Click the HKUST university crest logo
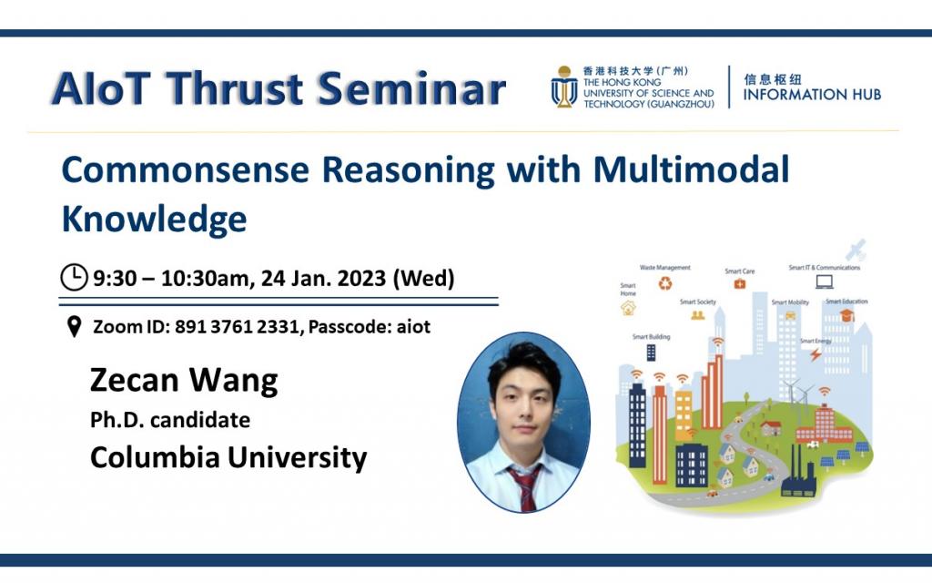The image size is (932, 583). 563,88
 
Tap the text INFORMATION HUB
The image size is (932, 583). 812,95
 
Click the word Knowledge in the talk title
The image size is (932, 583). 154,219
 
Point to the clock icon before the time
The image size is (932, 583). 74,276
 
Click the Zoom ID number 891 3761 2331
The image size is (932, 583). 238,327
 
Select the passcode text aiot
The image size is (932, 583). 412,327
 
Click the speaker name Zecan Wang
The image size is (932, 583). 183,380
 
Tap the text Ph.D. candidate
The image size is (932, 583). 169,420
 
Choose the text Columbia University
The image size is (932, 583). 228,456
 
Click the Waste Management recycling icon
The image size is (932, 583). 665,283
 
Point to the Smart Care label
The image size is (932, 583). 739,271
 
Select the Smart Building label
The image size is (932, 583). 651,337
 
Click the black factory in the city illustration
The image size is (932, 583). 798,475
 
